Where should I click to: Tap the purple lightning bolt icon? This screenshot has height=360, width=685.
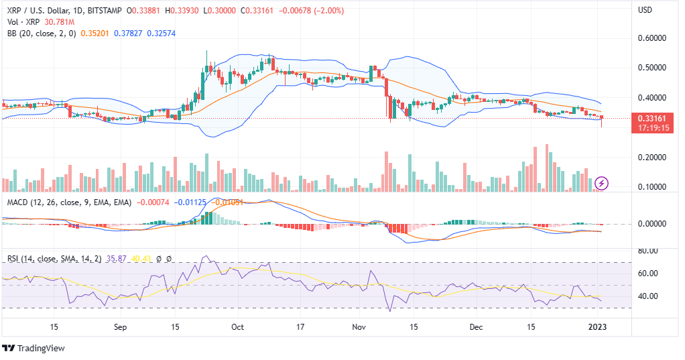click(x=601, y=183)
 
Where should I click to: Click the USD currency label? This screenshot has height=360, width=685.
click(x=645, y=10)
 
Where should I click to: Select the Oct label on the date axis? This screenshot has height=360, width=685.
click(x=237, y=327)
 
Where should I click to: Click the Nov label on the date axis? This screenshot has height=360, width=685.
click(x=361, y=327)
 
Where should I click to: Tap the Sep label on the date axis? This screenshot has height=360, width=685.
click(x=120, y=327)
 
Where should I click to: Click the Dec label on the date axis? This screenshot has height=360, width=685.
click(x=477, y=327)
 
